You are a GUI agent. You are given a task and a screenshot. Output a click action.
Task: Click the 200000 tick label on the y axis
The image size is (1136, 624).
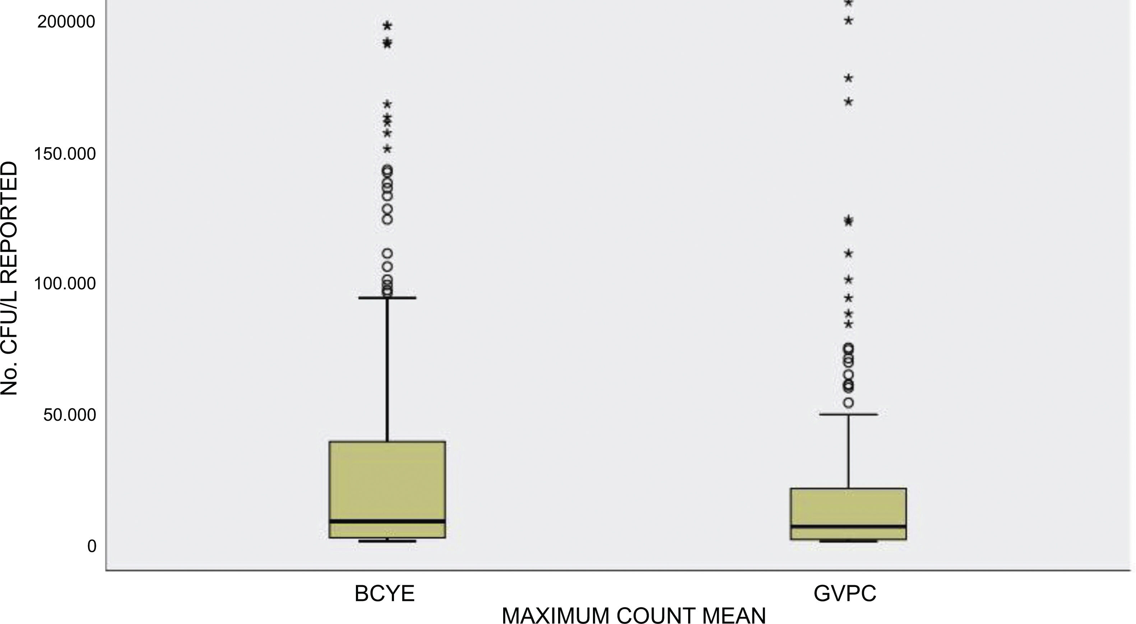[x=66, y=22]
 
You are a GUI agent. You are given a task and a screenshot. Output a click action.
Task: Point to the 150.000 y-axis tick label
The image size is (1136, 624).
[x=65, y=154]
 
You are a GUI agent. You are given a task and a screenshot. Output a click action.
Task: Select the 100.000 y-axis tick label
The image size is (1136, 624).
[x=65, y=284]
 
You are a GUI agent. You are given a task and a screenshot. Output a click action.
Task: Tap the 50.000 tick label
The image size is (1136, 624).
[x=69, y=415]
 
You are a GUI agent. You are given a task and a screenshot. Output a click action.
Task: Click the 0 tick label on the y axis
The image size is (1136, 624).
[x=92, y=546]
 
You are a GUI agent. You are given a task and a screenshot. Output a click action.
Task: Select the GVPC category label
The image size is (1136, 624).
[x=844, y=593]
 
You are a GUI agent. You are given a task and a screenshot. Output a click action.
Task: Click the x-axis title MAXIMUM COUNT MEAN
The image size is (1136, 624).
[x=634, y=615]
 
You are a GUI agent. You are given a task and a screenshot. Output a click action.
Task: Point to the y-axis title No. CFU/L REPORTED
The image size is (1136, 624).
[x=10, y=278]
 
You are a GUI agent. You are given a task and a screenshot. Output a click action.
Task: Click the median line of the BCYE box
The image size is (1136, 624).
[x=387, y=521]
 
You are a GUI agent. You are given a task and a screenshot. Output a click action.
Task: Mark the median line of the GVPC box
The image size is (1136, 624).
[x=848, y=526]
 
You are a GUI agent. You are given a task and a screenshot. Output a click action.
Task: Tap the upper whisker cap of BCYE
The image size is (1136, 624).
[x=387, y=298]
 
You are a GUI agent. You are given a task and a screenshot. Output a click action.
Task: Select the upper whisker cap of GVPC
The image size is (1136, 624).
[x=848, y=415]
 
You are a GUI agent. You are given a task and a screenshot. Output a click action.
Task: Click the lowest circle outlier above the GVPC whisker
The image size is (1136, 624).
[x=848, y=402]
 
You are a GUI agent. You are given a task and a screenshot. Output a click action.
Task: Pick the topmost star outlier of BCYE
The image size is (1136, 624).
[x=388, y=26]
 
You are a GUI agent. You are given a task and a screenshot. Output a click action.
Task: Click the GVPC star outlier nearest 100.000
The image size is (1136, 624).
[x=848, y=280]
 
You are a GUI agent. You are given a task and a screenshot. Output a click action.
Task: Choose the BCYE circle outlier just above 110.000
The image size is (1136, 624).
[x=387, y=253]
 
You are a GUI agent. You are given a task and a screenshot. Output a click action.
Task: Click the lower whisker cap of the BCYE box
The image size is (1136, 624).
[x=387, y=541]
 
